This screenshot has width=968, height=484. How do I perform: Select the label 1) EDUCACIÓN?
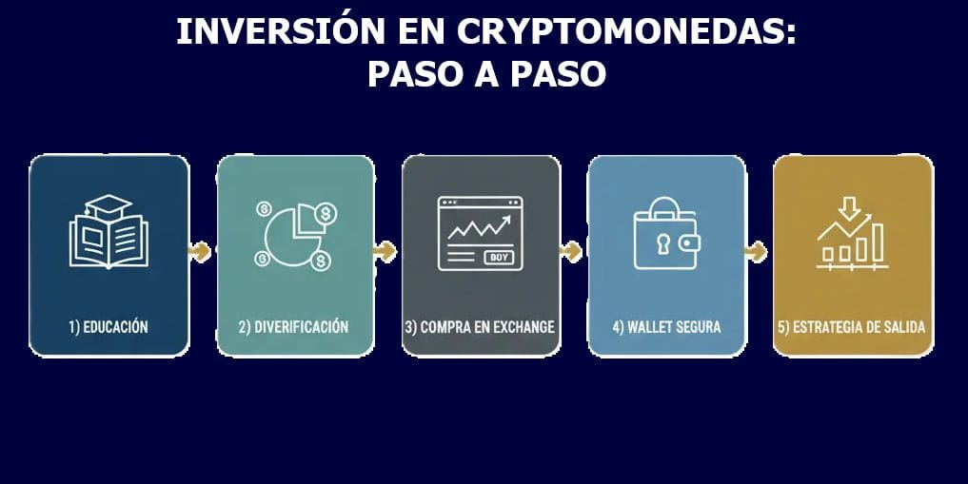[109, 327]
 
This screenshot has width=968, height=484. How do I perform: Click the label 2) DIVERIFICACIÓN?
[294, 327]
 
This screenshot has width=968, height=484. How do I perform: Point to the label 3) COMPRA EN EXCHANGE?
[480, 327]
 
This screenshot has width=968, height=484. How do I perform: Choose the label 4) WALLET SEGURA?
[666, 327]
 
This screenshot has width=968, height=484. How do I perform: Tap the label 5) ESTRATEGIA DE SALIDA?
[852, 327]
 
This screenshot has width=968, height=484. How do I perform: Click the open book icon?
[108, 240]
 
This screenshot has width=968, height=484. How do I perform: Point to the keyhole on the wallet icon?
[662, 242]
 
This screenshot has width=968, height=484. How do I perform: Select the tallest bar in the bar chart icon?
[877, 242]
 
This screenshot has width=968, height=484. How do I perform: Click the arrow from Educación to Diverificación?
[200, 251]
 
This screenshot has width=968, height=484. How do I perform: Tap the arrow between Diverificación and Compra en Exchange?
[385, 251]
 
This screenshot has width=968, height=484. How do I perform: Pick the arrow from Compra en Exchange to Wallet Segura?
[571, 251]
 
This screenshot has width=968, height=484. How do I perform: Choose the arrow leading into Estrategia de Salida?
[756, 251]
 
